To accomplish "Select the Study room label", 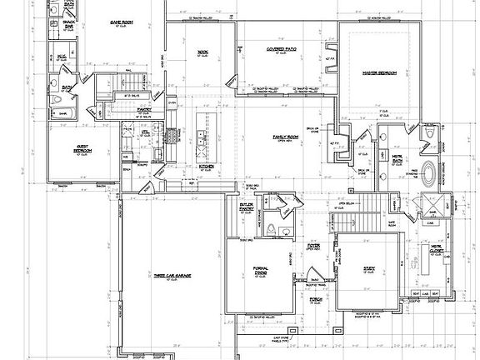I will click(x=369, y=268).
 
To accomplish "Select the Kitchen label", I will click(x=207, y=166).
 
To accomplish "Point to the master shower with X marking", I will click(x=429, y=203).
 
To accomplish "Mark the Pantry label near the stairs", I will click(x=143, y=108).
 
